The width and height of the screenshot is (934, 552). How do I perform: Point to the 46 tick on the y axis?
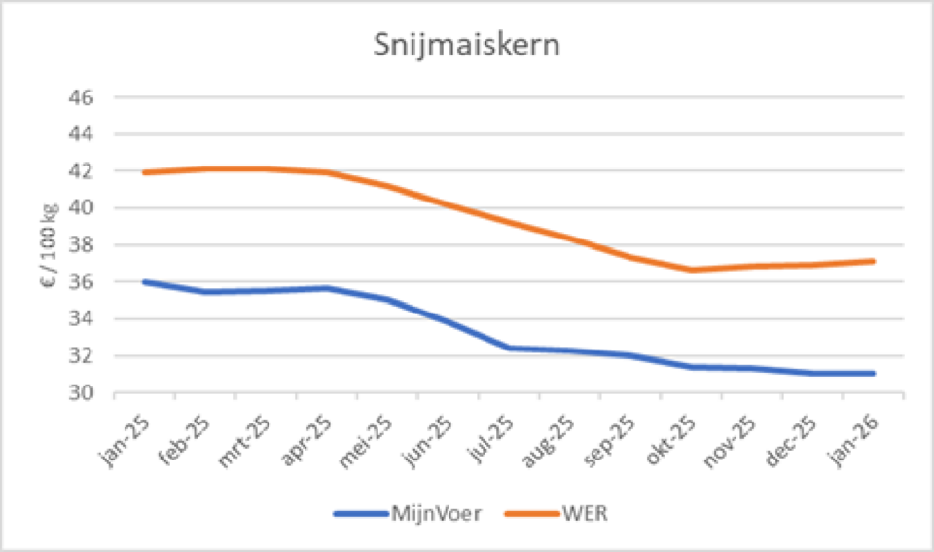click(81, 97)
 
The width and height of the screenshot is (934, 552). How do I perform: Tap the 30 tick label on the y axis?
click(81, 393)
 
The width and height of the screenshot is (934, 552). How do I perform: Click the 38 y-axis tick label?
click(81, 245)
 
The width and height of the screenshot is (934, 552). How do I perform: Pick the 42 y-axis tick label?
click(81, 171)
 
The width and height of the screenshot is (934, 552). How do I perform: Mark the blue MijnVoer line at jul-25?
click(509, 348)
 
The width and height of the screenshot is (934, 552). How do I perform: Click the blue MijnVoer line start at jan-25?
click(144, 282)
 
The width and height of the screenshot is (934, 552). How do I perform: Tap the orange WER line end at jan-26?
click(874, 261)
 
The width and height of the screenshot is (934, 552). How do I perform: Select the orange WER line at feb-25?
click(204, 168)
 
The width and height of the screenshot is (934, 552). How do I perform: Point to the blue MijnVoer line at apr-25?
click(326, 288)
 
